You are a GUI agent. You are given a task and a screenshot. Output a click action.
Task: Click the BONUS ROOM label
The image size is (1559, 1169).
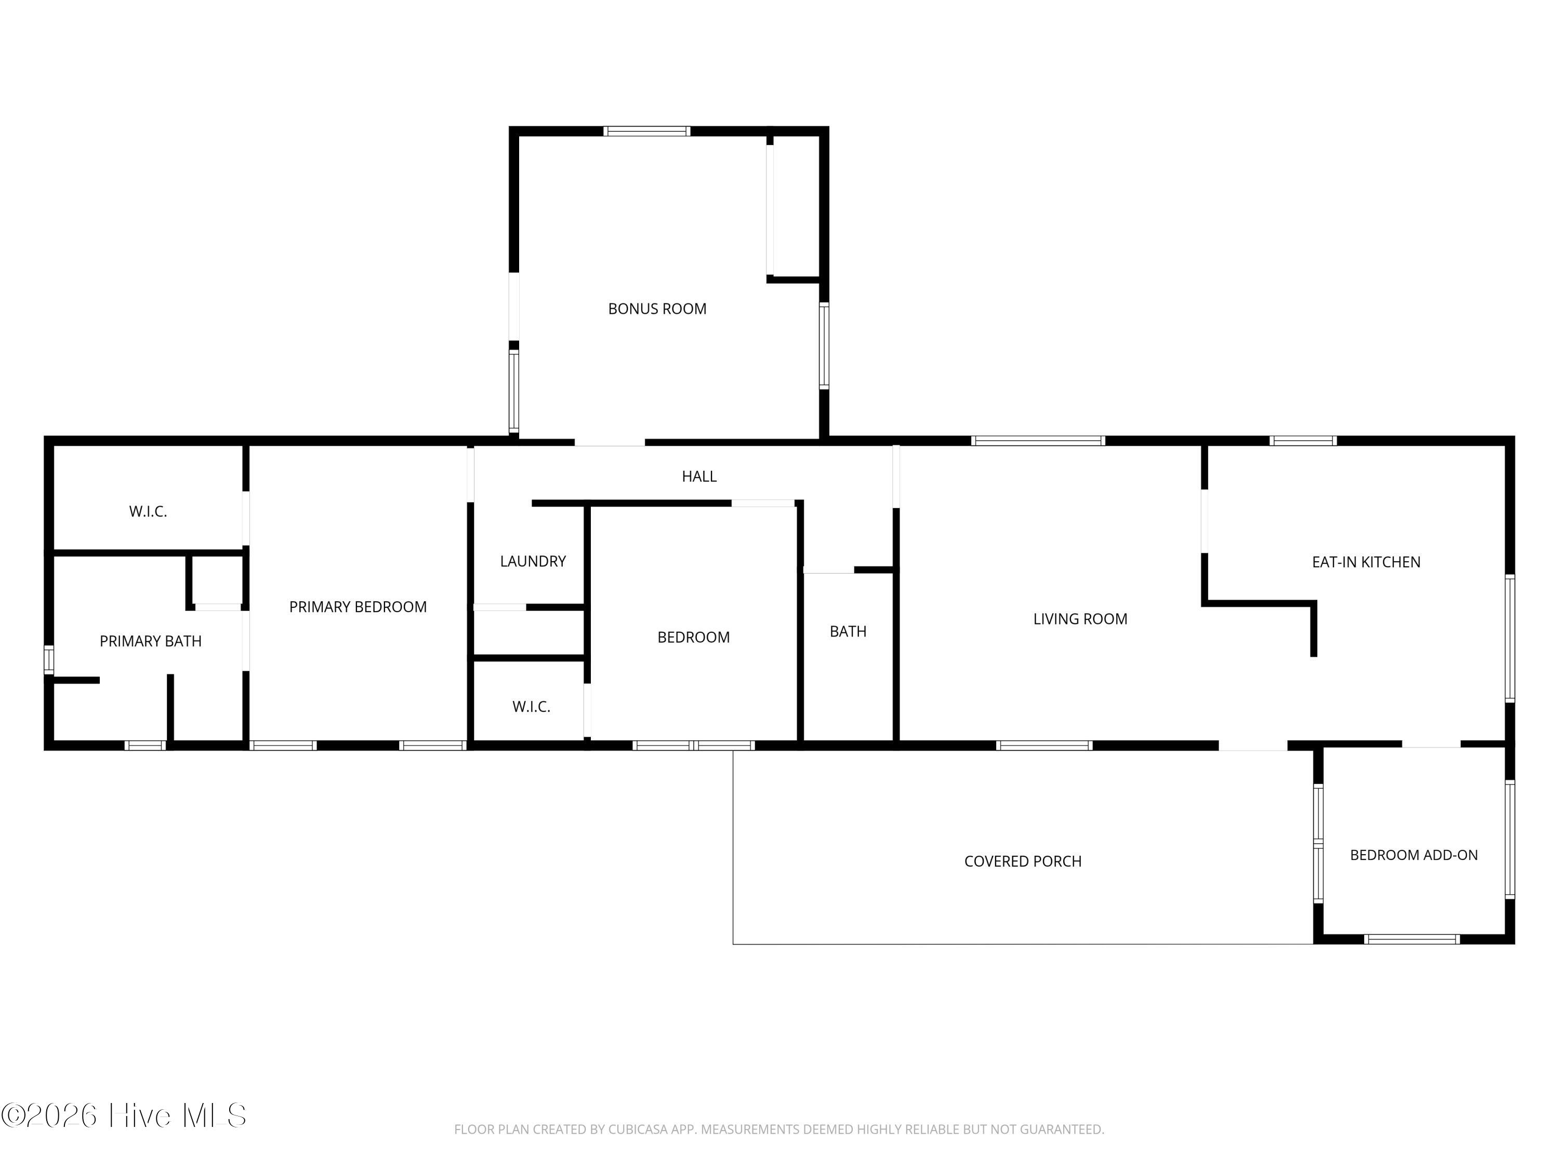pyautogui.click(x=657, y=309)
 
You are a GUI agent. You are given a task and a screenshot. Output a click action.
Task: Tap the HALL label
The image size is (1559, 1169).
pyautogui.click(x=699, y=476)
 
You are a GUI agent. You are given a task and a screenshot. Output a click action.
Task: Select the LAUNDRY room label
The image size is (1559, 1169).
pyautogui.click(x=533, y=561)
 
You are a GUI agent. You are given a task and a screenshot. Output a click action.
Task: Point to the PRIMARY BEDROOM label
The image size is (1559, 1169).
pyautogui.click(x=358, y=607)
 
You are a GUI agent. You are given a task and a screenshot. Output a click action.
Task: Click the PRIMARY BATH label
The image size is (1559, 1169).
pyautogui.click(x=151, y=641)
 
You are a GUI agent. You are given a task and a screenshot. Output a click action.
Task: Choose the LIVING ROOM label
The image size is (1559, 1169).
pyautogui.click(x=1080, y=619)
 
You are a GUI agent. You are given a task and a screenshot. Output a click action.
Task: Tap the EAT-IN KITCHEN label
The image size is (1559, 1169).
pyautogui.click(x=1366, y=562)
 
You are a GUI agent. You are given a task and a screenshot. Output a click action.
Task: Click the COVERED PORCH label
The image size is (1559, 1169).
pyautogui.click(x=1023, y=861)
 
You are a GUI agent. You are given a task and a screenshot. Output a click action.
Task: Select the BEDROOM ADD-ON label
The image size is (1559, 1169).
pyautogui.click(x=1414, y=855)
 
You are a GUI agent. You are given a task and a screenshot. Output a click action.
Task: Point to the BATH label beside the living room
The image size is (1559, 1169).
pyautogui.click(x=848, y=631)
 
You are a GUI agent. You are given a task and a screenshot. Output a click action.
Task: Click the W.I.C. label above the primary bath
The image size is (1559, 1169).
pyautogui.click(x=148, y=512)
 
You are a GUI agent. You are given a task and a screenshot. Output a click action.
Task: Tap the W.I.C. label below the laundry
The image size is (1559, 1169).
pyautogui.click(x=532, y=707)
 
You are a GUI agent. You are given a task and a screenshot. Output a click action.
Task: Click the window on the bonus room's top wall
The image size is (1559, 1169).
pyautogui.click(x=647, y=131)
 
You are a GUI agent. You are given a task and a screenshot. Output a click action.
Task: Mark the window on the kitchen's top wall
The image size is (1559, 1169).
pyautogui.click(x=1303, y=441)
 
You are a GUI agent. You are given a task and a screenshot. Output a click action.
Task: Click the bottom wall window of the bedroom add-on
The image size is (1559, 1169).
pyautogui.click(x=1412, y=939)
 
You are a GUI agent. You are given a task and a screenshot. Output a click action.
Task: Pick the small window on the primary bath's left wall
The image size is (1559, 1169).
pyautogui.click(x=49, y=659)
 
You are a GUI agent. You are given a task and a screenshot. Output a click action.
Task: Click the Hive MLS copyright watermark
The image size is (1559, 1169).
pyautogui.click(x=124, y=1115)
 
